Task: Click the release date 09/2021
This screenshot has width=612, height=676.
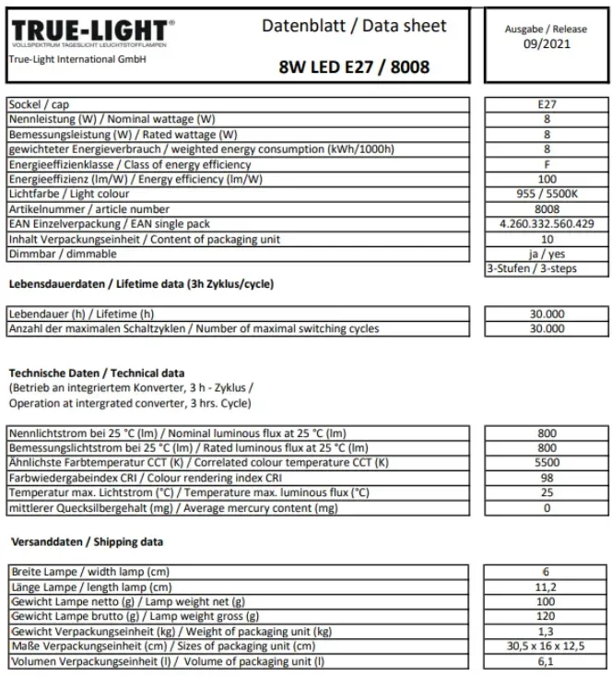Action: (x=546, y=42)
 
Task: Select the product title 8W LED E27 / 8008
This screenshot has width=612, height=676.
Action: (x=353, y=66)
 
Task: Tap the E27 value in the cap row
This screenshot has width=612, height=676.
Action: (x=547, y=105)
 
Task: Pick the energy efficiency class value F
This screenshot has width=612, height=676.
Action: (x=547, y=164)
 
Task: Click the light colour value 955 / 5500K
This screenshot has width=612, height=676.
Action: (x=547, y=194)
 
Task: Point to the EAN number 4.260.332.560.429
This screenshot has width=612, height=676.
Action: (x=547, y=223)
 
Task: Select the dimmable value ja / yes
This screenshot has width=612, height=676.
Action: (x=547, y=254)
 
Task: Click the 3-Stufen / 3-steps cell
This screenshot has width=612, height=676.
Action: (x=547, y=268)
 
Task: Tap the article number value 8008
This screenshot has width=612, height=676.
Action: (x=547, y=208)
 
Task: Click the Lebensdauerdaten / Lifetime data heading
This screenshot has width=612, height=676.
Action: (x=140, y=284)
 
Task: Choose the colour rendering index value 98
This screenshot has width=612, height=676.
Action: (x=547, y=478)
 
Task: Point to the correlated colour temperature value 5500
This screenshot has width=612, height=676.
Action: (x=547, y=463)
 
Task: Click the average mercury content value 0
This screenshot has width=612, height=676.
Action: (x=547, y=507)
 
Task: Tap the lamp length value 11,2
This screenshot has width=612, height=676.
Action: (x=547, y=587)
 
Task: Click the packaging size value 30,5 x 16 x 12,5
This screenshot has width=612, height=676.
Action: (x=547, y=646)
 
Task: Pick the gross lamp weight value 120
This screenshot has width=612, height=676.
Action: (x=547, y=617)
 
